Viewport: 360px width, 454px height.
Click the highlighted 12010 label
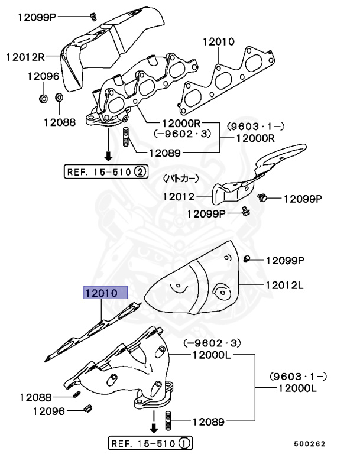coord(105,293)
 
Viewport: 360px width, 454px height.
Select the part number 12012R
coord(26,57)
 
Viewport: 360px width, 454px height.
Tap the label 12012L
coord(284,286)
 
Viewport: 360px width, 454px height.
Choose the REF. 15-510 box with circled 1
coord(151,442)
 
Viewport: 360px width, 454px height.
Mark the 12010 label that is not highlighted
coord(218,43)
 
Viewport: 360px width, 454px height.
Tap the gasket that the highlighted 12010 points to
coord(95,331)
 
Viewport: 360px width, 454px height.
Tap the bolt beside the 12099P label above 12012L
coord(247,258)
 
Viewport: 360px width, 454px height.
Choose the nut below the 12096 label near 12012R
coord(43,96)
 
